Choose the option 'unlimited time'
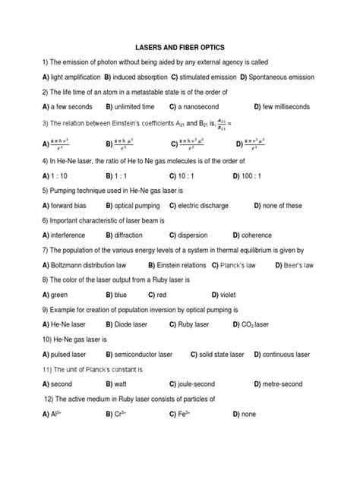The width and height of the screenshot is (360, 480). click(135, 107)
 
